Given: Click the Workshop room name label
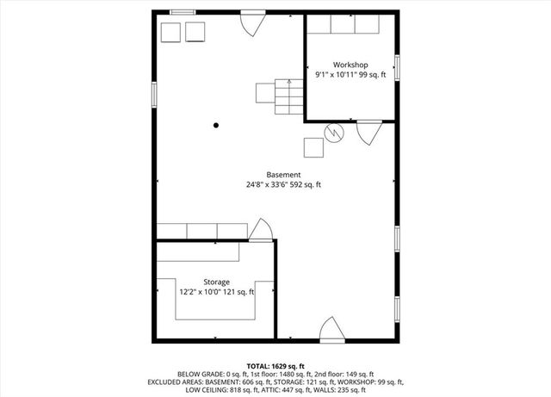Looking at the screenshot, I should click(x=350, y=65).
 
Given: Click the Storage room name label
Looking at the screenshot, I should click(x=216, y=282).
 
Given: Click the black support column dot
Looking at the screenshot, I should click(x=216, y=125).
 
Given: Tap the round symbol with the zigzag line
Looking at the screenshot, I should click(x=333, y=133).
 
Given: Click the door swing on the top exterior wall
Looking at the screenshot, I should click(x=251, y=23).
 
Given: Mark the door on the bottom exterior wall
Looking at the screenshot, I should click(x=331, y=329).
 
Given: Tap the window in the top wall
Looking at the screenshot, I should click(x=182, y=12).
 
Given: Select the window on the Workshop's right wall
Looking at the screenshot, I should click(x=397, y=66).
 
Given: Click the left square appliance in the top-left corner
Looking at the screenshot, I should click(x=170, y=32).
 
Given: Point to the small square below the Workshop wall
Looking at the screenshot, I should click(x=314, y=147).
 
